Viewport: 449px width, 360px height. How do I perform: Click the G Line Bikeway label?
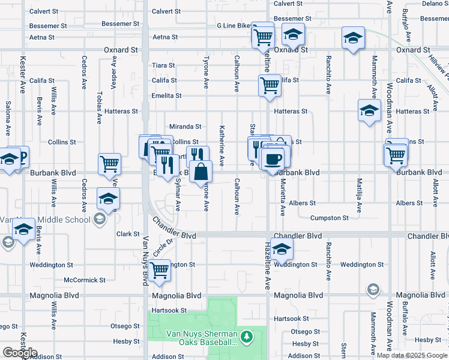point(235,26)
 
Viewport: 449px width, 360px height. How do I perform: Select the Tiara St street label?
point(163,65)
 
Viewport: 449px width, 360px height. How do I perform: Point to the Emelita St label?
point(166,95)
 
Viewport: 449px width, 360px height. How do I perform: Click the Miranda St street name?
point(185,127)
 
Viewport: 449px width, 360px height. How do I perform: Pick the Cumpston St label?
point(329,218)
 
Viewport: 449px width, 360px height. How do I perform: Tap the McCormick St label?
point(85,280)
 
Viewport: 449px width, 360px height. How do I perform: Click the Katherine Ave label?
point(222,146)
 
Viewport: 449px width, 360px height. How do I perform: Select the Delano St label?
point(435,4)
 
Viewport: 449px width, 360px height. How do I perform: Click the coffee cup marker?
point(273,158)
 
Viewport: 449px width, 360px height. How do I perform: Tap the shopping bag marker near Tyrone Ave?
point(200,172)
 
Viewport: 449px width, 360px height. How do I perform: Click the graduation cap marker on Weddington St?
point(282,248)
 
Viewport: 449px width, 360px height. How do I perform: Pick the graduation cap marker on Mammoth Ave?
point(369,110)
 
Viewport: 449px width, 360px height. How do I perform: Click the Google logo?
point(20,353)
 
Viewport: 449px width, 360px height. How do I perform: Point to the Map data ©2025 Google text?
point(412,355)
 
